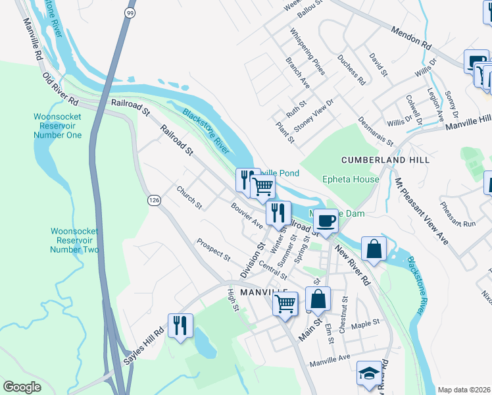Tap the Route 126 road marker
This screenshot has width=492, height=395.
coord(154,200)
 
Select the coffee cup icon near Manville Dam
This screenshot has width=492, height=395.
coord(326,220)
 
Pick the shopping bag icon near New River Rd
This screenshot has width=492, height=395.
coord(374,249)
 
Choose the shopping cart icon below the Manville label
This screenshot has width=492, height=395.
coord(285,303)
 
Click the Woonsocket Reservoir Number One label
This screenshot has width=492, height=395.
coord(58,126)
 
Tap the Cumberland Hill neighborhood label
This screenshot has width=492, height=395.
coord(385,160)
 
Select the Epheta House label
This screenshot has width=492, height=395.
coord(351,179)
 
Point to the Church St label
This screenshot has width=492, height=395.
coord(189,197)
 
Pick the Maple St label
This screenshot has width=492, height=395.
coord(366,323)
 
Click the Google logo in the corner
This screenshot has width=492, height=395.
coord(22,386)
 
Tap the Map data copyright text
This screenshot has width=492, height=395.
coord(464,389)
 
